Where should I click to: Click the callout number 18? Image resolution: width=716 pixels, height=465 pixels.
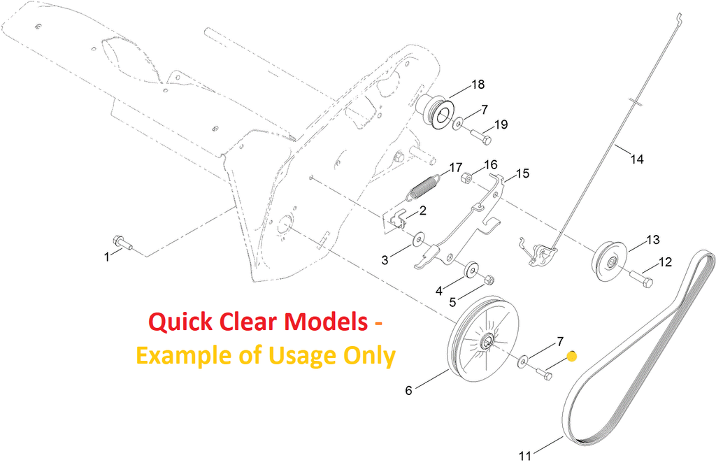pos(478,85)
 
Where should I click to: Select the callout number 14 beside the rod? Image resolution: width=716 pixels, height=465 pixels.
pos(636,159)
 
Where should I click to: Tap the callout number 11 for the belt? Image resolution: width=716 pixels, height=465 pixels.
pos(525,455)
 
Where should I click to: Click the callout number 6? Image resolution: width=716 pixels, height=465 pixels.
pos(409,390)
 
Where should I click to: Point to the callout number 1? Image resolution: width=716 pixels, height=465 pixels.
pos(107,257)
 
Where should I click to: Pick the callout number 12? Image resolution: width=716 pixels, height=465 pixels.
pos(665,262)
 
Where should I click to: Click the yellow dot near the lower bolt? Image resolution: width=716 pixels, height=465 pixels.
pos(571,356)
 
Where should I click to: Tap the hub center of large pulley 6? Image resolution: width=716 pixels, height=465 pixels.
pos(485,343)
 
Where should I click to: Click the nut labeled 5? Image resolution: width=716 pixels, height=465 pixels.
pos(489,280)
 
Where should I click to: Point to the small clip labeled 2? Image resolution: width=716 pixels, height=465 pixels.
pos(399,219)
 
